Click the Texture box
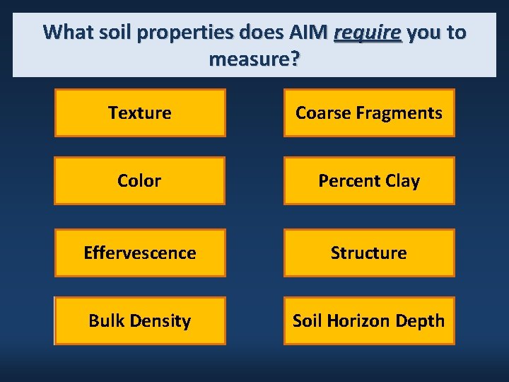pos(140,112)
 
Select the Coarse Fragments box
pos(369,112)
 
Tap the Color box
pos(139,180)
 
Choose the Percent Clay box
pos(369,180)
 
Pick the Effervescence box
pos(140,253)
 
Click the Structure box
pos(369,253)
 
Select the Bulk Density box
pos(140,320)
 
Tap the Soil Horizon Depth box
pos(369,320)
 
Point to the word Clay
pos(402,180)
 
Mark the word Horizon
pos(356,320)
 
